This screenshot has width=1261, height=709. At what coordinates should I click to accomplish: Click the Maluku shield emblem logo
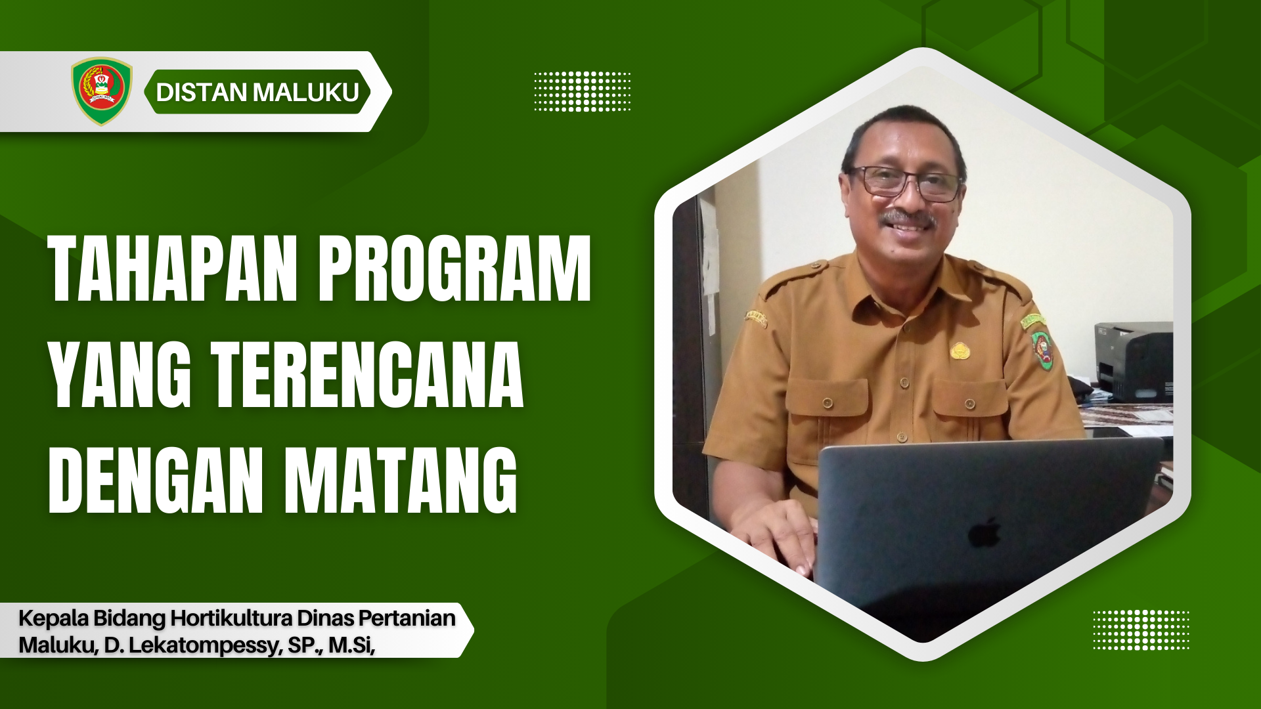[101, 91]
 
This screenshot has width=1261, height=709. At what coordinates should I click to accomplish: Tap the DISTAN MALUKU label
[257, 92]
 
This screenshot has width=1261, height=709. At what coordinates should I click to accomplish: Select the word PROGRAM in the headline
[454, 269]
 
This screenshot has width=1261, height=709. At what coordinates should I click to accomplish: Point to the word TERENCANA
[367, 374]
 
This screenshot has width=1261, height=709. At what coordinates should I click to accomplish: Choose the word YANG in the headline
[120, 374]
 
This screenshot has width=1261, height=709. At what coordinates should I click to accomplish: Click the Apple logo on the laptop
[984, 532]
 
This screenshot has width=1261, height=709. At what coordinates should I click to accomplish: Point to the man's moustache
[909, 218]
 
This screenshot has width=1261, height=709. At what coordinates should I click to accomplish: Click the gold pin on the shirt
[961, 351]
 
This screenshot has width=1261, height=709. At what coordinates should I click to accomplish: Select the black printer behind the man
[1134, 361]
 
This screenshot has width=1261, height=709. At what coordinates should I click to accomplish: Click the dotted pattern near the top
[582, 91]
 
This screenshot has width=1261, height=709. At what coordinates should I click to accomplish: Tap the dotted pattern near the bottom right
[1141, 630]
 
